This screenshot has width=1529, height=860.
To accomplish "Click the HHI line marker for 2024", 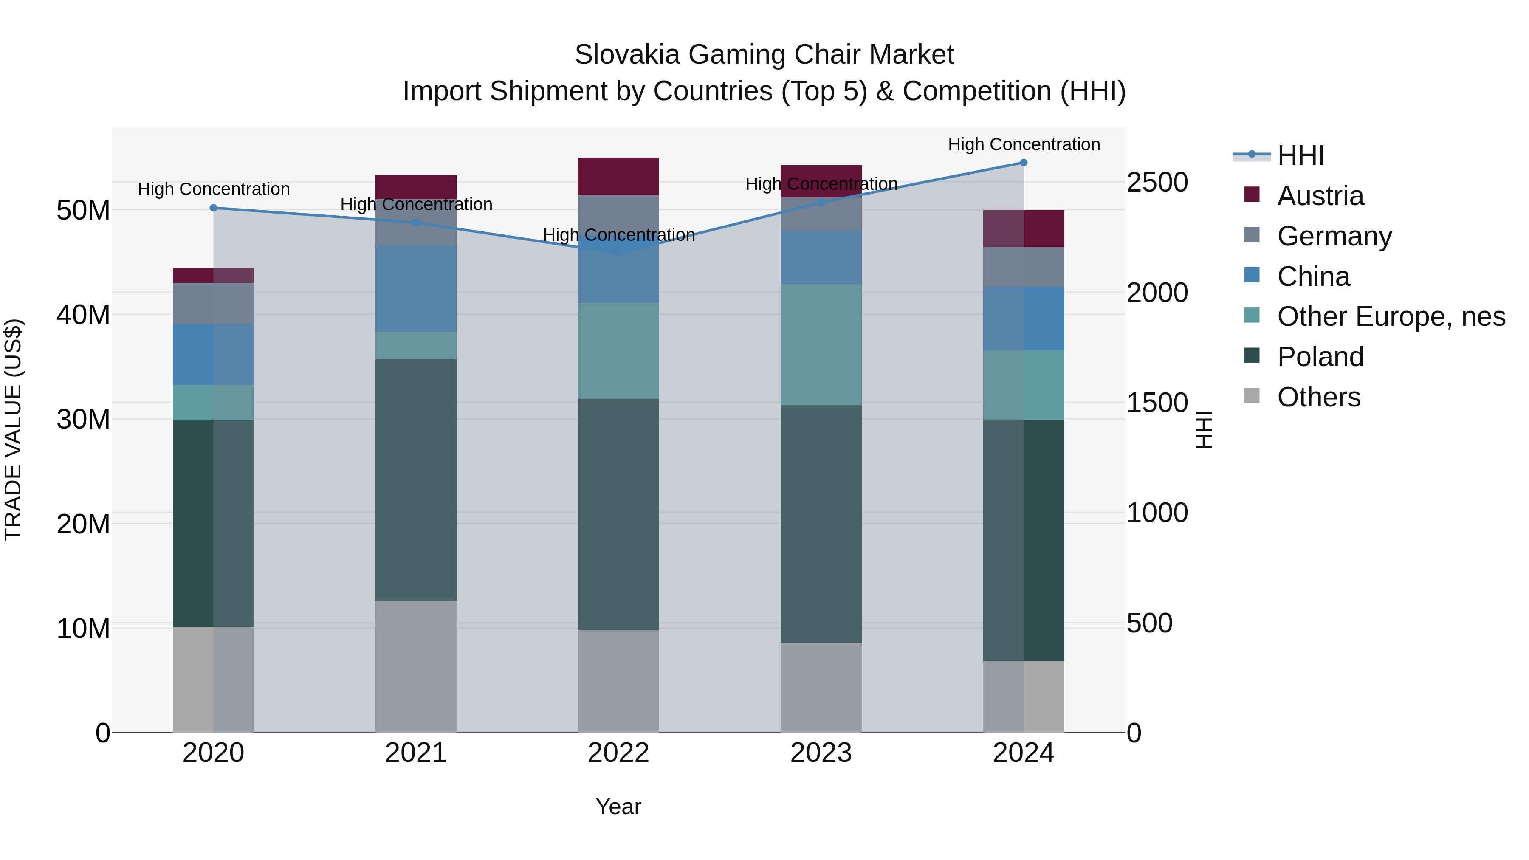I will tap(1023, 163).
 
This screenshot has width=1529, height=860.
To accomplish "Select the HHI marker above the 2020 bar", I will tap(214, 208).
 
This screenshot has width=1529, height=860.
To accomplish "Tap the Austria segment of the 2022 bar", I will tap(618, 176).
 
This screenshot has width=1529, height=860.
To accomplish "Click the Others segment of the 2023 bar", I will tap(821, 687).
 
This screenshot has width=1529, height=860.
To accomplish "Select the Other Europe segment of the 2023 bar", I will tap(821, 344).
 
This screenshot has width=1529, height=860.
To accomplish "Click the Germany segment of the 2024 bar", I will tap(1023, 267).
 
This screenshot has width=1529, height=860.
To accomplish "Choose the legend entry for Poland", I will tap(1320, 357).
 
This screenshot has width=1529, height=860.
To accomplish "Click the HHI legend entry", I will tap(1300, 155).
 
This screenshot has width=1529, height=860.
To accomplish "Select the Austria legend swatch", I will tap(1252, 195).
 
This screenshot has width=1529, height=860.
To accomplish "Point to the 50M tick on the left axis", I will tap(83, 210).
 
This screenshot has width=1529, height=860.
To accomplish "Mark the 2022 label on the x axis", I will tap(618, 753).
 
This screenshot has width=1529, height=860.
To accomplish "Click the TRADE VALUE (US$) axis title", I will tap(13, 430).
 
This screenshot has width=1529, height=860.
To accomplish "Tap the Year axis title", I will tap(618, 806).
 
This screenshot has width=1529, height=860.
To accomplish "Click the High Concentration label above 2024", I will tap(1023, 144).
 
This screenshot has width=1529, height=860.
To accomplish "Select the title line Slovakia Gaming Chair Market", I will tap(764, 55).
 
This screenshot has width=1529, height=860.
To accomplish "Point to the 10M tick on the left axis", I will tap(83, 629).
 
